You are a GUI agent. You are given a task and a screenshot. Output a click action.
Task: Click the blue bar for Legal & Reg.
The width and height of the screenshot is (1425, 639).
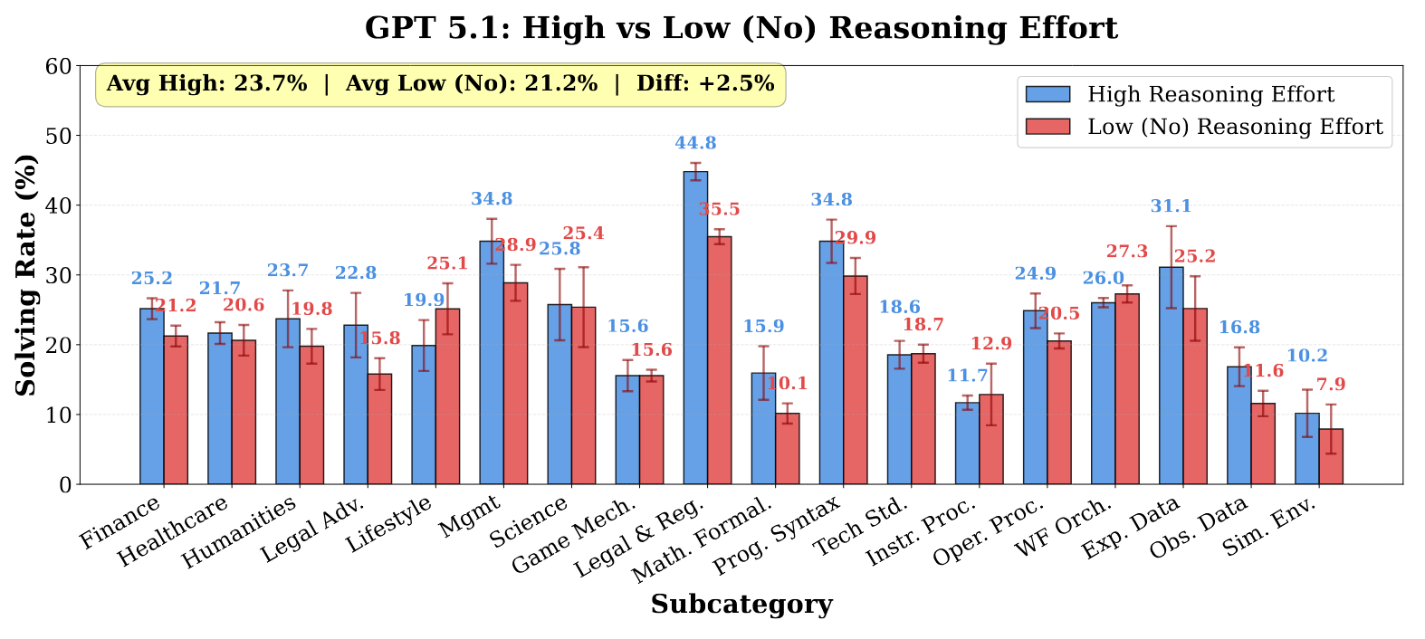tap(695, 328)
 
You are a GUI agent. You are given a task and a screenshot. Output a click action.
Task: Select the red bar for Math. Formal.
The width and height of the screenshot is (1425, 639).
tap(788, 449)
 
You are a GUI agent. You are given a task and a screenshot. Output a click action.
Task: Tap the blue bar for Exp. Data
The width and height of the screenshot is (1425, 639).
tap(1171, 376)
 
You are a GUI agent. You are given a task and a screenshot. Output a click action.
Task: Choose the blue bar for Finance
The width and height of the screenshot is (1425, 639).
tap(151, 396)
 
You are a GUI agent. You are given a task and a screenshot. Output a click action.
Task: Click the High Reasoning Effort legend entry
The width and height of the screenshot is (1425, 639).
tap(1210, 95)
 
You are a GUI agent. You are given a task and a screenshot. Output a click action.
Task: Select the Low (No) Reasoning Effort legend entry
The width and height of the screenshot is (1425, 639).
tap(1235, 127)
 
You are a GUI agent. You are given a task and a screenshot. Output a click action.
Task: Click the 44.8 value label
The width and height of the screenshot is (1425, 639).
tap(695, 143)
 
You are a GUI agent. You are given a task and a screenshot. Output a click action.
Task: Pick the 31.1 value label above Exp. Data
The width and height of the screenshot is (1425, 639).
tap(1171, 206)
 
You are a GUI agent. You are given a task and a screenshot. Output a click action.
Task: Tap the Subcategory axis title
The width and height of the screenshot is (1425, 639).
tap(741, 605)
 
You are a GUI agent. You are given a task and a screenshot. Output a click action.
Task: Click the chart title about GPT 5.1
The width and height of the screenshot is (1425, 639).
tap(741, 28)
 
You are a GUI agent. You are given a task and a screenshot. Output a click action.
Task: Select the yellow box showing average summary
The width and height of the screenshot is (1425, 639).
tap(440, 84)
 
